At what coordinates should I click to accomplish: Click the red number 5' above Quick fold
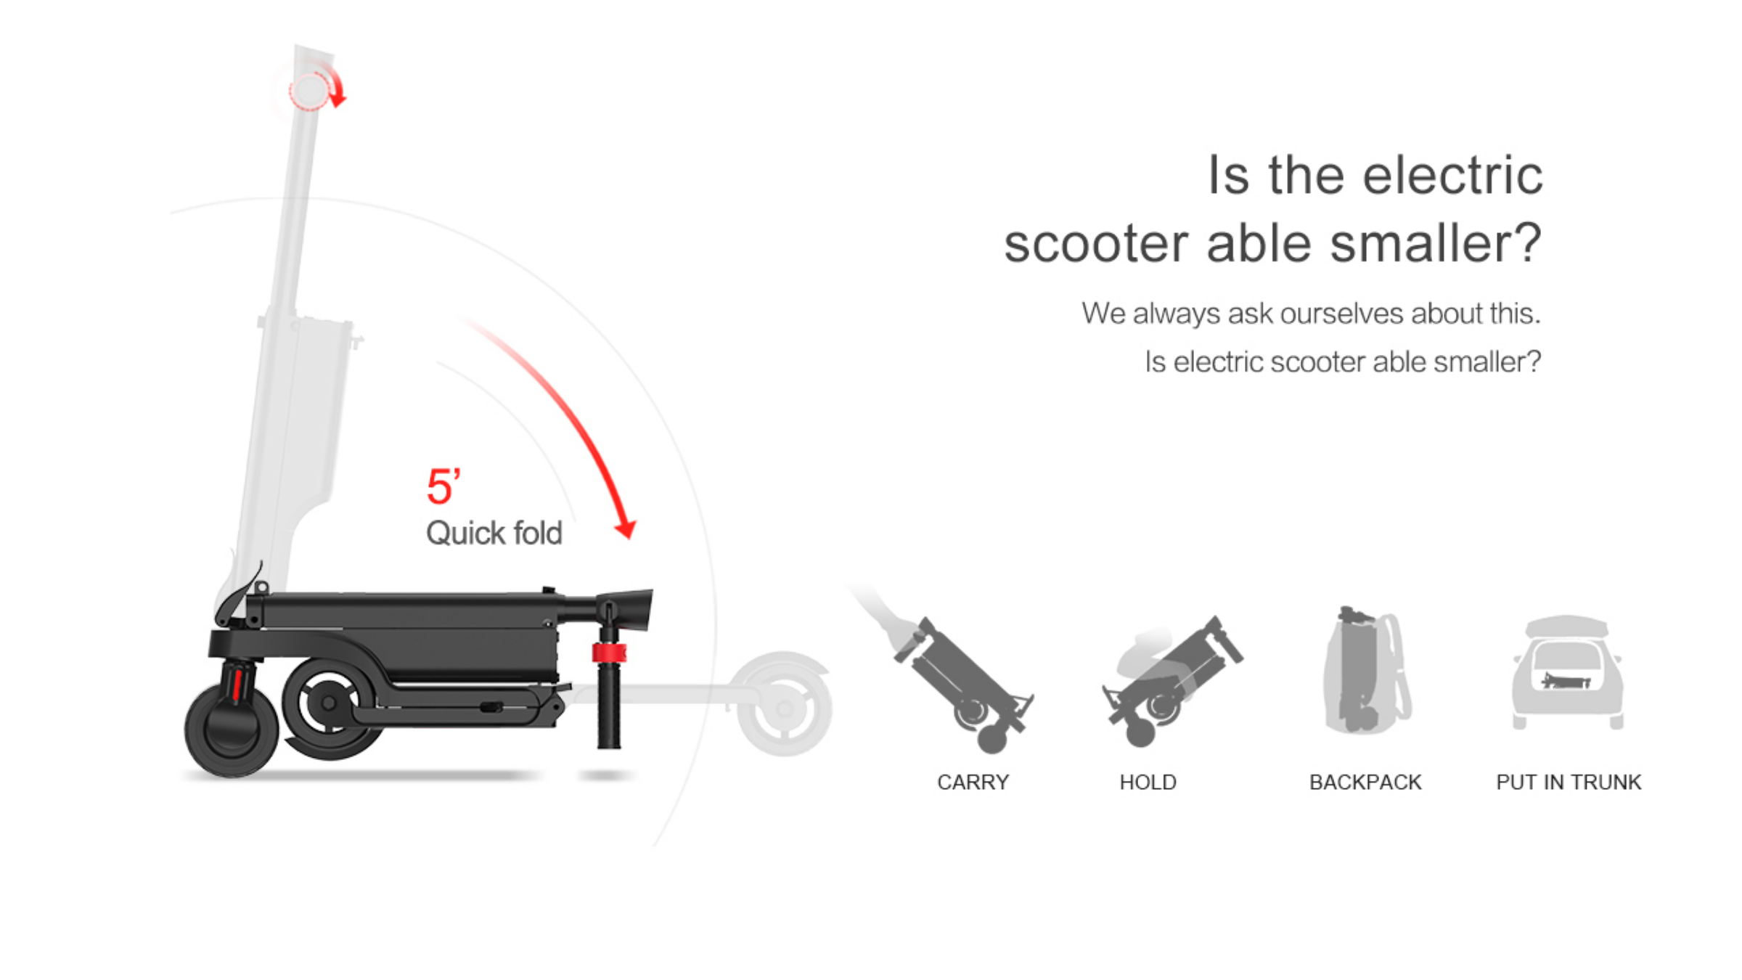click(443, 486)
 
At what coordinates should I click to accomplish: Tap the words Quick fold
click(494, 533)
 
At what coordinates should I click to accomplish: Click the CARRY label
click(973, 783)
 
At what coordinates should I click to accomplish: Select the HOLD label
click(1148, 783)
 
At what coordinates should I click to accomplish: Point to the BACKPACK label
click(1365, 783)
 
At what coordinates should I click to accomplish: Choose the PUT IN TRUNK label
click(1569, 783)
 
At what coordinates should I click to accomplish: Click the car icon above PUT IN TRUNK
click(1568, 672)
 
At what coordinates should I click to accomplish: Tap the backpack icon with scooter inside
click(1366, 669)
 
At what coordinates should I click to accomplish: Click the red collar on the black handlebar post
click(608, 653)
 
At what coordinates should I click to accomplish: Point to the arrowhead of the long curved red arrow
click(626, 529)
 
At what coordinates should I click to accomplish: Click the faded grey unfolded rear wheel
click(784, 704)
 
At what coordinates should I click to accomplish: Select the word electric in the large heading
click(1452, 176)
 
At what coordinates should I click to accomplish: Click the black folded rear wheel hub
click(330, 703)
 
